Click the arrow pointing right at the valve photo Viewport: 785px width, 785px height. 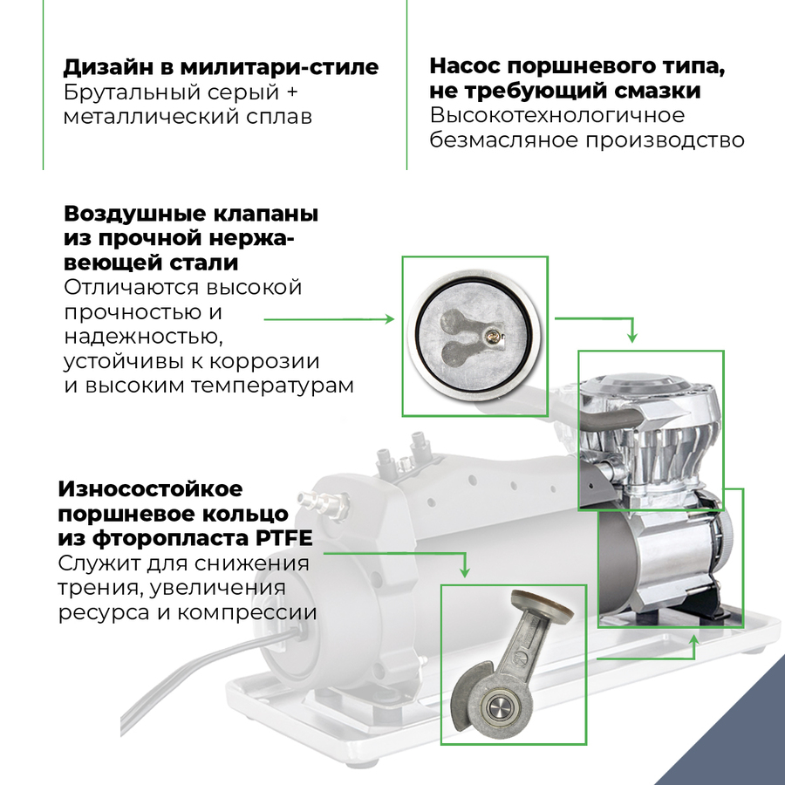click(x=389, y=319)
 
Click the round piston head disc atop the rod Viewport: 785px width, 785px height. click(x=537, y=603)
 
